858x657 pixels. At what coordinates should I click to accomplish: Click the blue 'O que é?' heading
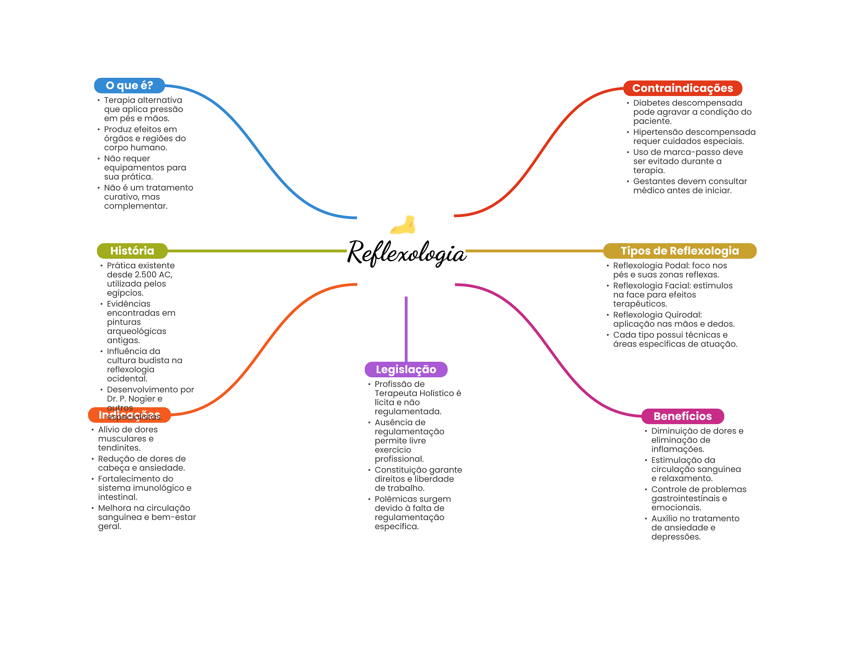pyautogui.click(x=129, y=85)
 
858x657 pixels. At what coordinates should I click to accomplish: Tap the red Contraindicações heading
pyautogui.click(x=682, y=88)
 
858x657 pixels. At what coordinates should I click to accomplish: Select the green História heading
pyautogui.click(x=132, y=251)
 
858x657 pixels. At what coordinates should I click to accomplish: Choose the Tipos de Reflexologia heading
pyautogui.click(x=679, y=251)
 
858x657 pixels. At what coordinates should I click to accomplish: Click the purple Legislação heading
pyautogui.click(x=406, y=369)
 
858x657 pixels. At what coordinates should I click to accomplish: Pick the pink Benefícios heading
pyautogui.click(x=682, y=416)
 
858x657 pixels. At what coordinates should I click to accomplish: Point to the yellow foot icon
pyautogui.click(x=403, y=225)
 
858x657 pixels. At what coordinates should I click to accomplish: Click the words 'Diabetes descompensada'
pyautogui.click(x=687, y=103)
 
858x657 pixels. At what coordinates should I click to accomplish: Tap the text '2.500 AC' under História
pyautogui.click(x=153, y=275)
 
